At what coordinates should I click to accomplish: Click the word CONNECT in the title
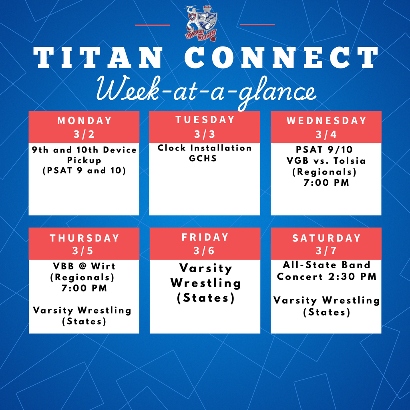coord(281,58)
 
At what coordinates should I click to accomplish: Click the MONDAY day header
coord(84,121)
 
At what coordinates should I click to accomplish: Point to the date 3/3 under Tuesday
coord(205,134)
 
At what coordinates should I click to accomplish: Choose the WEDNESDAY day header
coord(326,121)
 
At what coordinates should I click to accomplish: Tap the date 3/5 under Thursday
coord(84,251)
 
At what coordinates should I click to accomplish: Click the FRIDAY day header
coord(205,237)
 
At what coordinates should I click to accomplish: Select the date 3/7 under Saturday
coord(326,251)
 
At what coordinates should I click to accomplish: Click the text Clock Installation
coord(205,148)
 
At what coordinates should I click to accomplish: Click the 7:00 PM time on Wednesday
coord(326,183)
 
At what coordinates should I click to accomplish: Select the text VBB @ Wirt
coord(84,266)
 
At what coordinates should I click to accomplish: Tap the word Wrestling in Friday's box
coord(205,283)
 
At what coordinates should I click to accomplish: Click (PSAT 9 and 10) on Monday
coord(84,171)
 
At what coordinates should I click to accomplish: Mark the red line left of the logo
coord(153,25)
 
